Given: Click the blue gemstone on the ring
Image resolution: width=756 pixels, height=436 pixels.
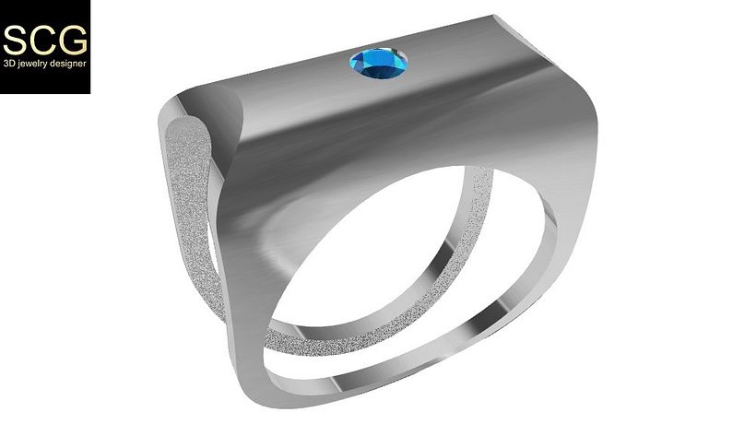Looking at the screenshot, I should pyautogui.click(x=378, y=62).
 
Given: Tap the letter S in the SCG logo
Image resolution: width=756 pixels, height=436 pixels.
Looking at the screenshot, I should pyautogui.click(x=16, y=40).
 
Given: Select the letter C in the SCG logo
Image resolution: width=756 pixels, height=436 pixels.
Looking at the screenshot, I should pyautogui.click(x=43, y=40).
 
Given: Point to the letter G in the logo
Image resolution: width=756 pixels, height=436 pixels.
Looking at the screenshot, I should pyautogui.click(x=73, y=40).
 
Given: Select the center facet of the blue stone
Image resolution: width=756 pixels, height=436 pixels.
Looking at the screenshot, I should pyautogui.click(x=378, y=61).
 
